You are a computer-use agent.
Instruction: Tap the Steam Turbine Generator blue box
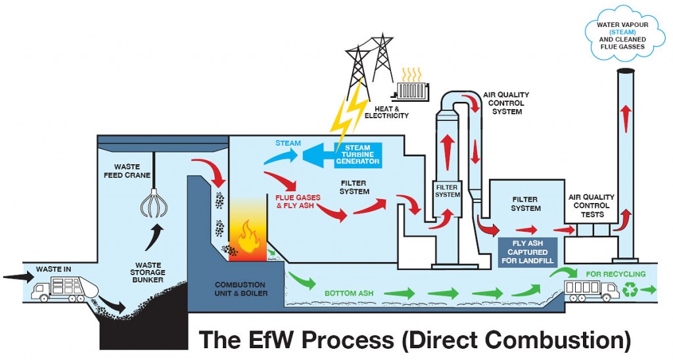tap(358, 154)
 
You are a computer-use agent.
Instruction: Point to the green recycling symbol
tap(630, 289)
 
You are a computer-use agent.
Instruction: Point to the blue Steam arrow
tap(281, 155)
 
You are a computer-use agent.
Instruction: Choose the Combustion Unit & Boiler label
tap(241, 289)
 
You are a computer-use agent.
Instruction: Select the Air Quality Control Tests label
tap(592, 205)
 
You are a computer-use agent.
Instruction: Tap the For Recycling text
tap(616, 274)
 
